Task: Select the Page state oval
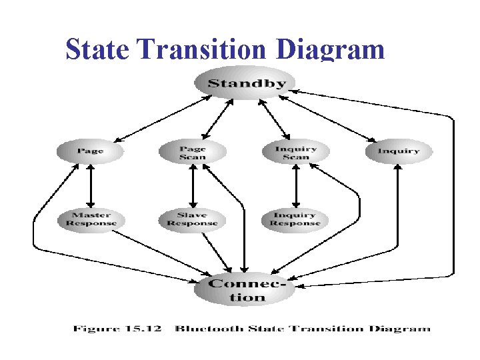[90, 151]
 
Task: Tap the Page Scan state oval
[192, 152]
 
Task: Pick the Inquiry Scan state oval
[295, 152]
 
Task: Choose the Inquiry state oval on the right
[399, 151]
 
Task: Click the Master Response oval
[91, 219]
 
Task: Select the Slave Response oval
[192, 219]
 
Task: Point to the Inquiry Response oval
[295, 219]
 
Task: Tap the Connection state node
[247, 290]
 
